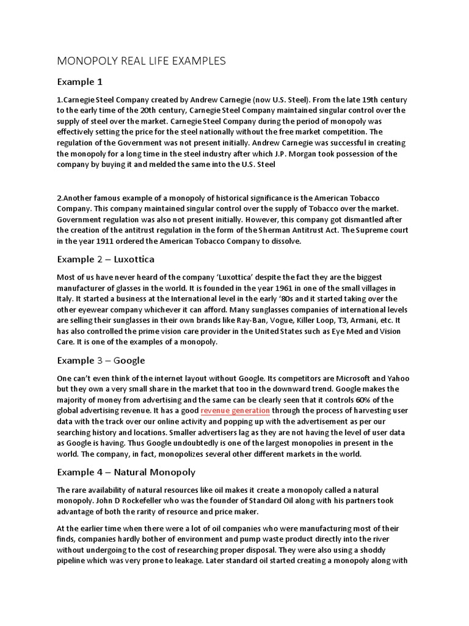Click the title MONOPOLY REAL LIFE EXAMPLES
tap(141, 61)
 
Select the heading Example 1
tap(80, 81)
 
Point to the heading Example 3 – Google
tap(101, 360)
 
